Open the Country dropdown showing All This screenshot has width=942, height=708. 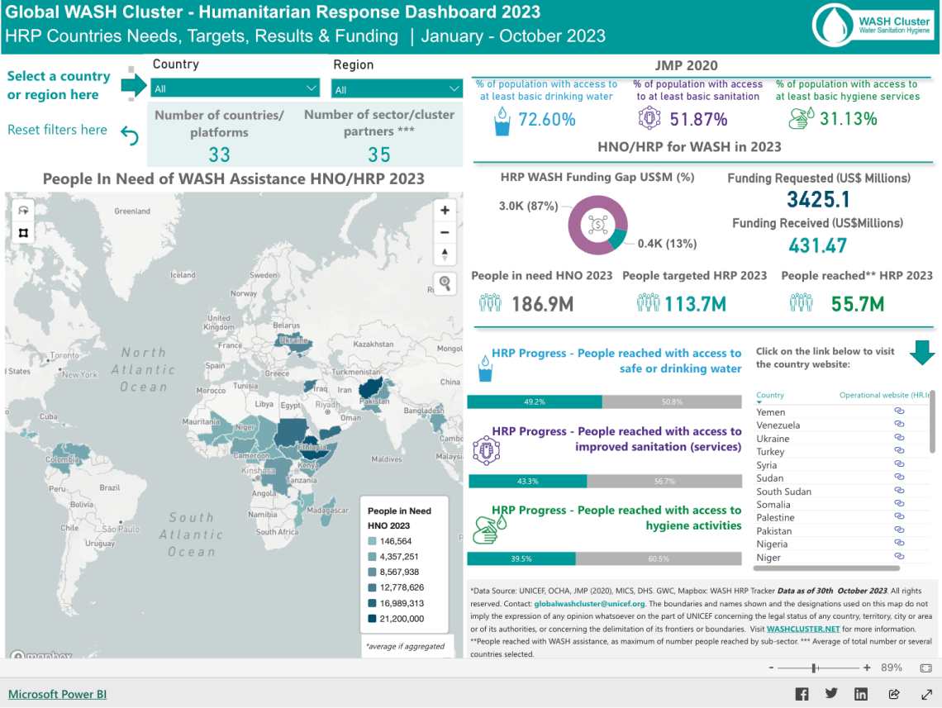coord(235,88)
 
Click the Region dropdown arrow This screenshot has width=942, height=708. coord(454,89)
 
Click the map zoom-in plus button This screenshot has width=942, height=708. coord(445,211)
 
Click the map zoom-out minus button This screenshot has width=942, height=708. coord(445,232)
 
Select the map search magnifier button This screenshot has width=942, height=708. coord(445,283)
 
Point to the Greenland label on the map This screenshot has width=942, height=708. coord(132,211)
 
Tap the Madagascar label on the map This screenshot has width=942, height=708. coord(326,510)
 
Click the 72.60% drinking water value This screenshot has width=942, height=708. coord(546,120)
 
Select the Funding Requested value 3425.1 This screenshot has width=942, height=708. coord(818,199)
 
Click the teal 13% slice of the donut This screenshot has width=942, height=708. coord(616,238)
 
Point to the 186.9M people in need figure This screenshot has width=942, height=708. coord(542,304)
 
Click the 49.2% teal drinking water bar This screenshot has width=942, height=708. coord(535,402)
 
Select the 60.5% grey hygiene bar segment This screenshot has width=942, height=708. coord(659,559)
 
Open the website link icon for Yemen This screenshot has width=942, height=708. coord(899,411)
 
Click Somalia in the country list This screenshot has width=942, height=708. coord(773,505)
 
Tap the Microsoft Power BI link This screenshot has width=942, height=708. coord(57,694)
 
